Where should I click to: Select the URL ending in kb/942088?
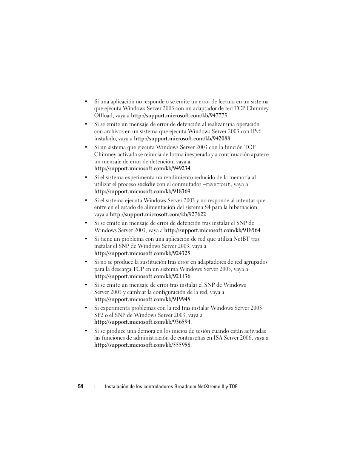tap(182, 139)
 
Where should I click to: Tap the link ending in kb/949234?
tap(142, 169)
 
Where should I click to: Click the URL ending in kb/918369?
tap(142, 192)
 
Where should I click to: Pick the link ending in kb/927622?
tap(158, 215)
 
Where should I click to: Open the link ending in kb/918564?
tap(212, 230)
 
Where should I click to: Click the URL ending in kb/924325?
tap(142, 254)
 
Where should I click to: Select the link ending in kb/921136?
tap(142, 277)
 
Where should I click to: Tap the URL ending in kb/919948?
tap(142, 300)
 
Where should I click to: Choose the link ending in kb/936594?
tap(142, 322)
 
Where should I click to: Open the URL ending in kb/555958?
tap(142, 345)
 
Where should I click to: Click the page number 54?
tap(81, 386)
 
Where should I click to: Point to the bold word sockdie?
tap(146, 185)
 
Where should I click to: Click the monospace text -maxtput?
tap(217, 185)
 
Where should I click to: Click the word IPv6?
tap(256, 131)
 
